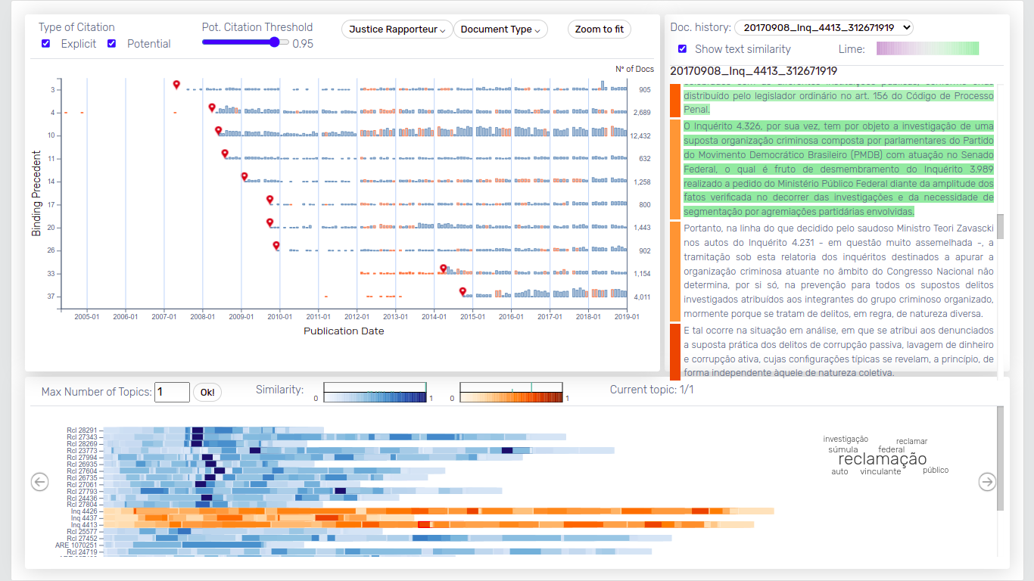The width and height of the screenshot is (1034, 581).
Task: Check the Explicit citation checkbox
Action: (46, 44)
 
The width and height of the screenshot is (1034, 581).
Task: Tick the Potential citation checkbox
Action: (112, 44)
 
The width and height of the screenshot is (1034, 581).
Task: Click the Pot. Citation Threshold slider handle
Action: (274, 42)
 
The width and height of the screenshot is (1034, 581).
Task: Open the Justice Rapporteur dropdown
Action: (397, 30)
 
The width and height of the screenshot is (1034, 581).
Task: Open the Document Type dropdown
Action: (500, 30)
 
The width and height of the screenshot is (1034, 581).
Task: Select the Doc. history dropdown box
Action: (824, 28)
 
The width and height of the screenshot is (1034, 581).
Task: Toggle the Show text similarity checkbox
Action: (683, 49)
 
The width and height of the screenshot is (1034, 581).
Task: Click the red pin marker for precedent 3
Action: (176, 84)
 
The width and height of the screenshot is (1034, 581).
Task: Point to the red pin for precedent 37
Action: (462, 291)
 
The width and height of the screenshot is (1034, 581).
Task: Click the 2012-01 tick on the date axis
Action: (357, 316)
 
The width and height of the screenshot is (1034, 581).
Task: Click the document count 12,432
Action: (641, 136)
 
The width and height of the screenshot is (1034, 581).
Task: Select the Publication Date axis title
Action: (344, 331)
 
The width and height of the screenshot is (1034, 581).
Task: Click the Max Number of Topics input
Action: (172, 392)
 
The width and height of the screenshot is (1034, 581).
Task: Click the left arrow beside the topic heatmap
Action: (39, 481)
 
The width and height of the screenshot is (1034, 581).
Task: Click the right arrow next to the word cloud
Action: (987, 481)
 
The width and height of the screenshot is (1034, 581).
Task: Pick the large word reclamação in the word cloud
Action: (882, 459)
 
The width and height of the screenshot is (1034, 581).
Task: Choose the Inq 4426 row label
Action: (83, 511)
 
